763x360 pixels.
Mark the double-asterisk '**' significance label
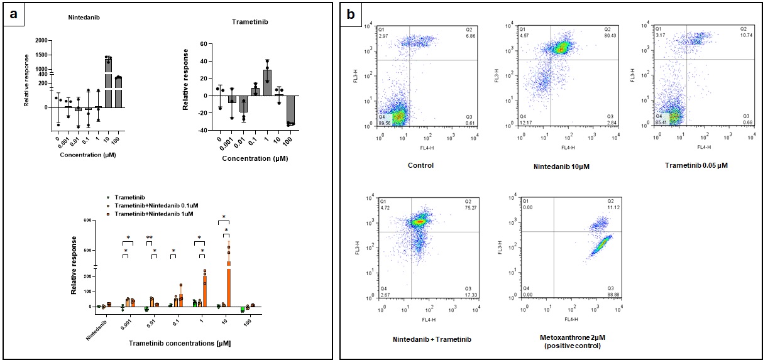(150, 237)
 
